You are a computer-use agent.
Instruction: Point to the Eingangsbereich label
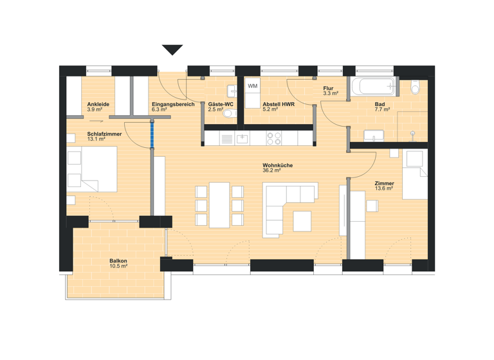[x=173, y=107]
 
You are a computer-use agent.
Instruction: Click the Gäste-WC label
[x=219, y=107]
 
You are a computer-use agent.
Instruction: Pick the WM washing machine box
[x=253, y=86]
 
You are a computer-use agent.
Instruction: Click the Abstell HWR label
[x=279, y=107]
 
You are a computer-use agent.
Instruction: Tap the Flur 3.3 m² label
[x=330, y=91]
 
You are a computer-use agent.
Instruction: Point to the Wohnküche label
[x=277, y=168]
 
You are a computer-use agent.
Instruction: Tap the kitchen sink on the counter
[x=242, y=138]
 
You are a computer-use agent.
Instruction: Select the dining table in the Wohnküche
[x=219, y=205]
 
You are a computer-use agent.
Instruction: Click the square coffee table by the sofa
[x=302, y=221]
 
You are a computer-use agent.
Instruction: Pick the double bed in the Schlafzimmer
[x=91, y=169]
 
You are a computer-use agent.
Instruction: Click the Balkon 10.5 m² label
[x=118, y=264]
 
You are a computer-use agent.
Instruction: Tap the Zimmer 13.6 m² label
[x=385, y=186]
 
